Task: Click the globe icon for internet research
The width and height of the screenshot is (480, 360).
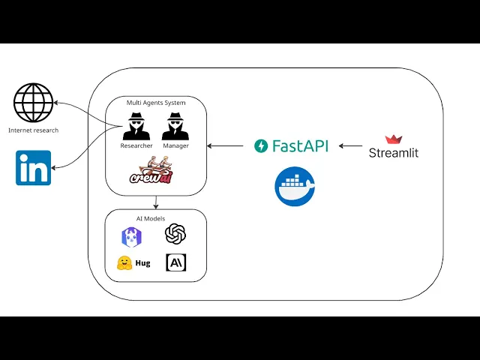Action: [x=34, y=103]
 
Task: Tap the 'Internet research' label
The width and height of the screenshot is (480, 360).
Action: [x=33, y=130]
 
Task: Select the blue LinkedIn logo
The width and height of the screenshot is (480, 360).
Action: [x=34, y=167]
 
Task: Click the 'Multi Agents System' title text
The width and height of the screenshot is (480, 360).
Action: [x=155, y=101]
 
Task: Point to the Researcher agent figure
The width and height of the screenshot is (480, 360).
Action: [x=136, y=125]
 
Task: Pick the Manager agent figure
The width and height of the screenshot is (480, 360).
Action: [x=175, y=125]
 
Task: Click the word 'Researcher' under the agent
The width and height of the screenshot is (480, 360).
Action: [x=136, y=145]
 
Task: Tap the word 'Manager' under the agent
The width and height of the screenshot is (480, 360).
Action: [x=175, y=145]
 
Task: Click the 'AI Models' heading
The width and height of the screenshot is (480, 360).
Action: [x=155, y=218]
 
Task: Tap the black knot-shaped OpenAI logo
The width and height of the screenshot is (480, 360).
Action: [x=175, y=235]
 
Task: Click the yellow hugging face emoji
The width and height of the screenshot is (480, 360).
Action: [x=124, y=263]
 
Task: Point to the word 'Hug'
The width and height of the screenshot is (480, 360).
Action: [x=142, y=264]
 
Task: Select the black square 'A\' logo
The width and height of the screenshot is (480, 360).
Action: [x=175, y=262]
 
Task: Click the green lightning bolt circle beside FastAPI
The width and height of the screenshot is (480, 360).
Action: [x=261, y=145]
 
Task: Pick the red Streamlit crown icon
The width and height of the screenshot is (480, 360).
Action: [x=394, y=139]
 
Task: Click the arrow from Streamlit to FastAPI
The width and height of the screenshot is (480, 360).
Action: [x=351, y=145]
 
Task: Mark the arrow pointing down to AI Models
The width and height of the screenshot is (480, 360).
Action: [x=155, y=202]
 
